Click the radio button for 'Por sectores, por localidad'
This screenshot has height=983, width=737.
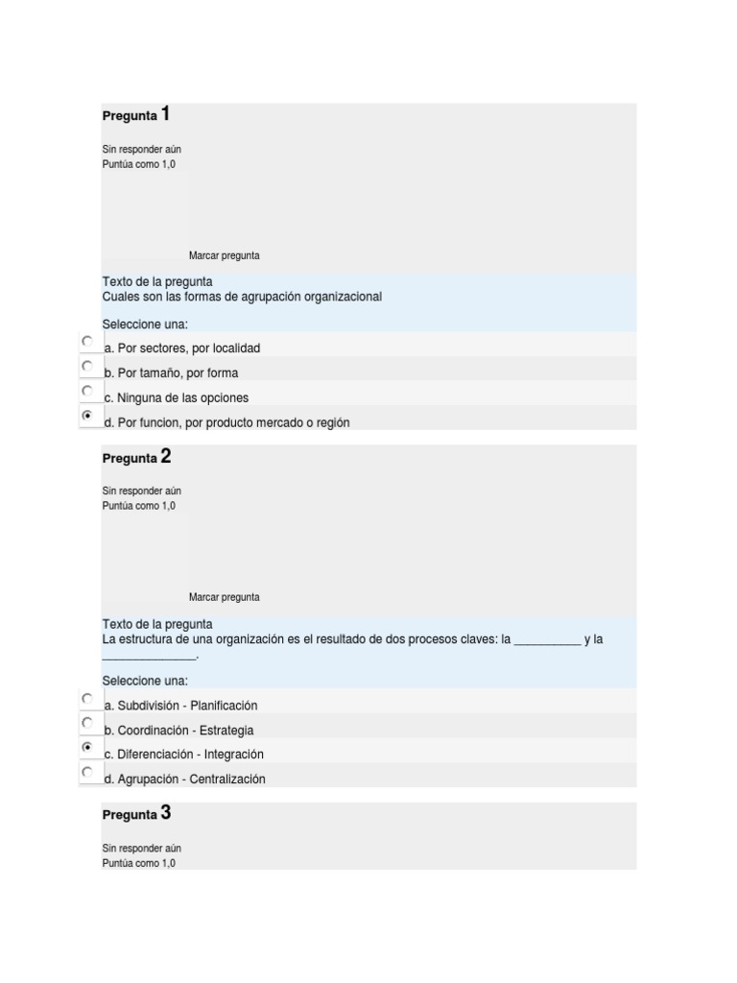click(88, 341)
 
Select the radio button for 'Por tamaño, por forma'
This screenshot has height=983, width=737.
click(88, 366)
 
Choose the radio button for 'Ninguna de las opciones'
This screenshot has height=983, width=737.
click(88, 391)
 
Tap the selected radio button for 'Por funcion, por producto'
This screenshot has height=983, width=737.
click(88, 416)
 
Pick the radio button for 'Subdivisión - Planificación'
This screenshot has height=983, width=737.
click(88, 698)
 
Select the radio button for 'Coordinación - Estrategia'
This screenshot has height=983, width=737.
click(88, 722)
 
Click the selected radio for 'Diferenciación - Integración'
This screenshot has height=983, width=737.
click(88, 747)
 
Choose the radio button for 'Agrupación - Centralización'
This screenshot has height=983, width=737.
click(88, 771)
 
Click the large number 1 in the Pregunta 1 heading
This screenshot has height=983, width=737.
click(166, 114)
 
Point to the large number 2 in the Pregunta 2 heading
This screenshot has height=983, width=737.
click(166, 456)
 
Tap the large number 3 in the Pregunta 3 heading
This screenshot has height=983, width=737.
click(166, 813)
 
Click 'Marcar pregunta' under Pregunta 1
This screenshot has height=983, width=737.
click(224, 256)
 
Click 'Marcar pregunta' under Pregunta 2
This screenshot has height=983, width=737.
click(224, 597)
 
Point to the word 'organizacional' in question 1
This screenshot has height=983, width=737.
click(345, 297)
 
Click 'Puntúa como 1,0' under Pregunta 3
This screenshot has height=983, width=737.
click(139, 863)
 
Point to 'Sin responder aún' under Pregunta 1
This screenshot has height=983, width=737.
click(141, 150)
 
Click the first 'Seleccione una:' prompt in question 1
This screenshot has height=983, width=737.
click(145, 324)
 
